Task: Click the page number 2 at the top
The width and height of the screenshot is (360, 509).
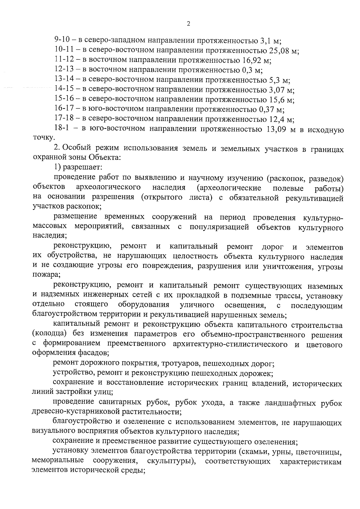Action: click(188, 24)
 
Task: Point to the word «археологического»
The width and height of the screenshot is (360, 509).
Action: click(109, 188)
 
